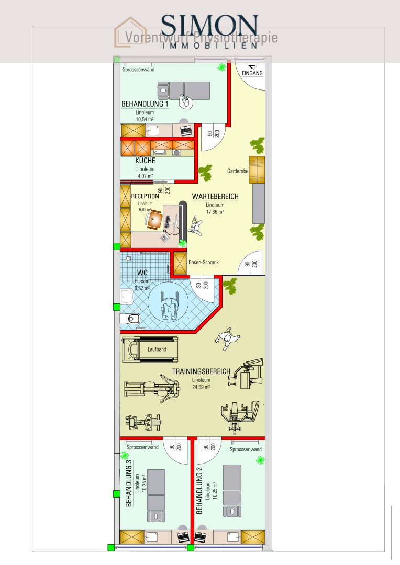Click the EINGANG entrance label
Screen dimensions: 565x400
click(x=252, y=74)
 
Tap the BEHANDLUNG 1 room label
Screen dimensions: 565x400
click(x=145, y=104)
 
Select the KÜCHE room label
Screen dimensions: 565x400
click(x=145, y=161)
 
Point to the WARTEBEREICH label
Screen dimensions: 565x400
click(x=215, y=197)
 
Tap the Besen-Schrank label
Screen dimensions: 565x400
click(x=204, y=262)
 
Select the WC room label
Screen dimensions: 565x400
click(x=142, y=273)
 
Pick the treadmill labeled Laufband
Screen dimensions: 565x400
click(x=150, y=349)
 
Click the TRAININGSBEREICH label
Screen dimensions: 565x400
click(x=201, y=372)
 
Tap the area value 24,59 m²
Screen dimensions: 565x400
click(x=201, y=388)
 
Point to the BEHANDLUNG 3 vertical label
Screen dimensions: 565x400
click(x=129, y=480)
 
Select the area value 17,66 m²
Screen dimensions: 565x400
click(x=215, y=212)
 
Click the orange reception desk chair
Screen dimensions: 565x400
click(x=154, y=221)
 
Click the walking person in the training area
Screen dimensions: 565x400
click(x=227, y=340)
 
